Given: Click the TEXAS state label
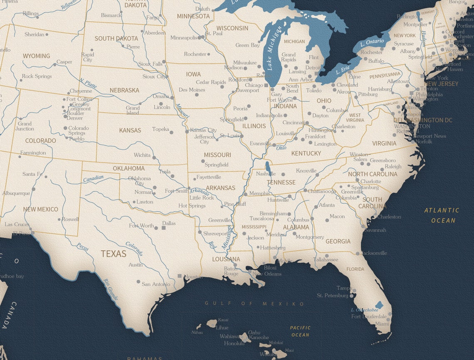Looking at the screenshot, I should pyautogui.click(x=114, y=254).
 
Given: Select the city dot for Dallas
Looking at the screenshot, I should pyautogui.click(x=157, y=227).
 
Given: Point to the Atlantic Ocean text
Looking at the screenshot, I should pyautogui.click(x=442, y=215).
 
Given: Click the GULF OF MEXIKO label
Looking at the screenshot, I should pyautogui.click(x=254, y=304).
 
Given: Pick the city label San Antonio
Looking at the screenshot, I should pyautogui.click(x=156, y=284).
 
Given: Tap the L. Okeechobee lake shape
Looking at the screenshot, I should pyautogui.click(x=378, y=305).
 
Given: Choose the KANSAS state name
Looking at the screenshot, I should pyautogui.click(x=130, y=131).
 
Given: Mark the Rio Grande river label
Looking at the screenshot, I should pyautogui.click(x=111, y=289).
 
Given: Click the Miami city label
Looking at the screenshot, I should pyautogui.click(x=382, y=324).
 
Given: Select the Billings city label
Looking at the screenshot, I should pyautogui.click(x=30, y=14).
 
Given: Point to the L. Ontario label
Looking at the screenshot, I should pyautogui.click(x=372, y=42).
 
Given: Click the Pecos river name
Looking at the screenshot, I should pyautogui.click(x=83, y=246).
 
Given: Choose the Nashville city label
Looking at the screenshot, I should pyautogui.click(x=266, y=174).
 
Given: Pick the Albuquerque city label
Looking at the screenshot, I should pyautogui.click(x=16, y=193).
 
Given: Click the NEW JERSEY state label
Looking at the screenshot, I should pyautogui.click(x=441, y=84).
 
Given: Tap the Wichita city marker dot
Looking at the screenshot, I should pyautogui.click(x=154, y=158).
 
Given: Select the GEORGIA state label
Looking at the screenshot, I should pyautogui.click(x=338, y=242).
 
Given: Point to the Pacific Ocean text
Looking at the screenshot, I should pyautogui.click(x=300, y=331).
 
